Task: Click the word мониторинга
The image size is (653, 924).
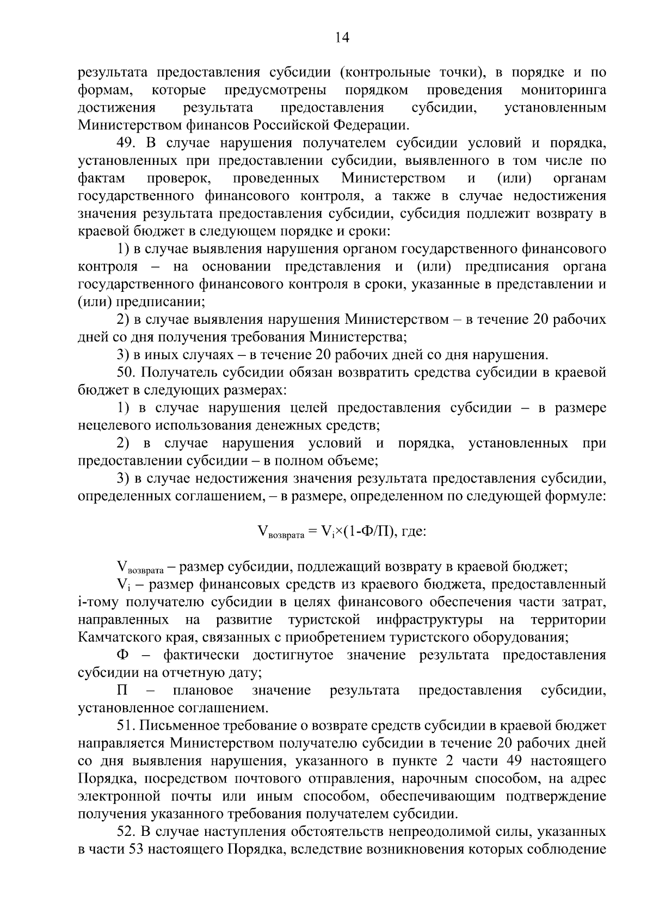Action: (x=563, y=90)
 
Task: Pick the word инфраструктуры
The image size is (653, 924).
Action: (x=428, y=620)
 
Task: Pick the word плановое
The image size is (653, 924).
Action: (x=203, y=691)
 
